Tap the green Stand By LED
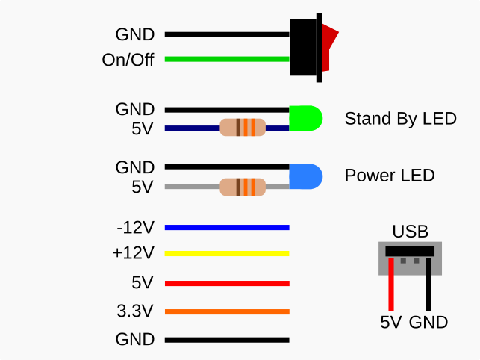pos(306,118)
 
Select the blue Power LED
pos(306,176)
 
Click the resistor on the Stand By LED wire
pos(243,127)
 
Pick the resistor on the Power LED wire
pos(243,186)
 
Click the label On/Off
pos(128,60)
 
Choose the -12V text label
pos(134,226)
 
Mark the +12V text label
pos(133,254)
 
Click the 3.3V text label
pos(134,311)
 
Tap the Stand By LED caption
pos(400,119)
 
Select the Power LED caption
pos(389,176)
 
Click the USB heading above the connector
pos(410,232)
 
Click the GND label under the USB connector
pos(428,323)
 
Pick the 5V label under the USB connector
pos(390,323)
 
